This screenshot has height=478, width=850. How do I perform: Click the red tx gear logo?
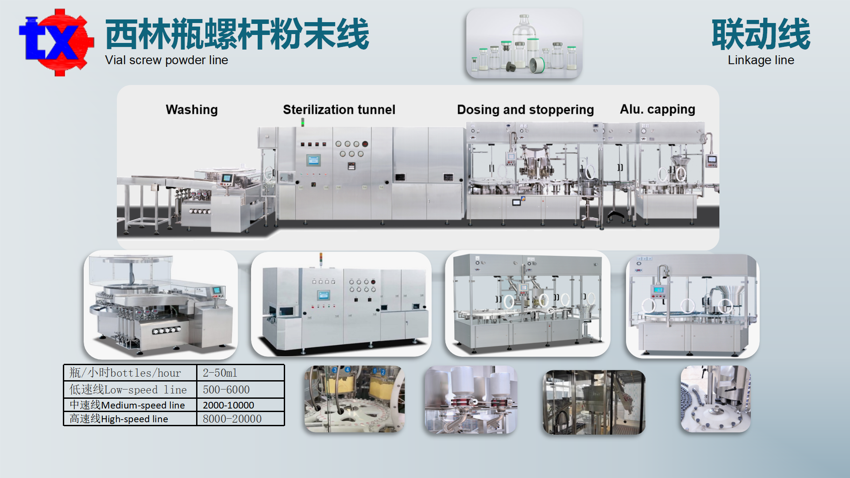click(x=56, y=42)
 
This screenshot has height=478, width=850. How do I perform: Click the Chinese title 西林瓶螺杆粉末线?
click(x=237, y=35)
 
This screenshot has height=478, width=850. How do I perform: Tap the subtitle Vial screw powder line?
click(x=166, y=60)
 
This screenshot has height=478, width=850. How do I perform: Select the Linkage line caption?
click(x=761, y=60)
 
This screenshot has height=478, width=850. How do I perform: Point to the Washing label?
click(x=192, y=110)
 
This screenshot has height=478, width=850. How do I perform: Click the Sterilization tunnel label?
click(x=339, y=110)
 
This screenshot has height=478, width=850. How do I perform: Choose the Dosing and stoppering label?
click(x=525, y=110)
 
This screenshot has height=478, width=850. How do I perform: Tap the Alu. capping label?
click(x=657, y=109)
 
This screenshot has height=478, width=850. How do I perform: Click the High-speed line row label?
click(x=119, y=419)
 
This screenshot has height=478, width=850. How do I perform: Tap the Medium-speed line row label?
click(x=127, y=405)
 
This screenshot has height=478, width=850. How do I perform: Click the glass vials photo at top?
click(x=524, y=43)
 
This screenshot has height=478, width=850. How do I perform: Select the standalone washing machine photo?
click(x=161, y=305)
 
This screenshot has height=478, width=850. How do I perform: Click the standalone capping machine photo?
click(x=692, y=305)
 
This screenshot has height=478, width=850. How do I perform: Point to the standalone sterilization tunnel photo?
click(x=341, y=305)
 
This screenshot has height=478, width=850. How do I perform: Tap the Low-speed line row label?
click(x=128, y=390)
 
